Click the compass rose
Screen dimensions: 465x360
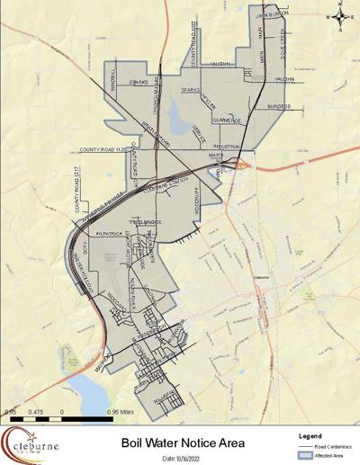click(x=340, y=15)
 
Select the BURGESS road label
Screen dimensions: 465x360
click(x=279, y=105)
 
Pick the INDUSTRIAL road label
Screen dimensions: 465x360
click(x=229, y=145)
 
